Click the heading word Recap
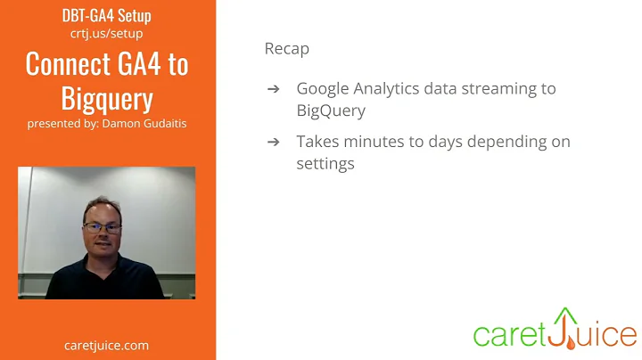point(286,48)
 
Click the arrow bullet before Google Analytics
point(274,89)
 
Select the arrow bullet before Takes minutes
point(274,142)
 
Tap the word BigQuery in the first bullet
point(330,111)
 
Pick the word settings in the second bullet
point(325,164)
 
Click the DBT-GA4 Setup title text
point(107,16)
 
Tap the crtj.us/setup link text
point(107,34)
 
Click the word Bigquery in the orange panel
point(107,98)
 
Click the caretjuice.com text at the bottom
point(107,345)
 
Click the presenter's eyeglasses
point(102,228)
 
